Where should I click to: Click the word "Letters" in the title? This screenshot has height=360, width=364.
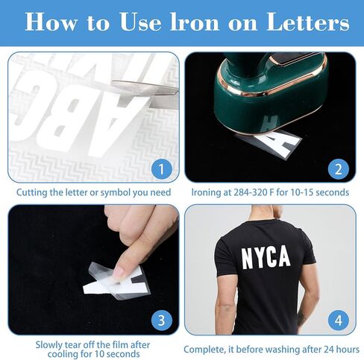307,22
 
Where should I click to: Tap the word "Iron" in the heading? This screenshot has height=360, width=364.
195,22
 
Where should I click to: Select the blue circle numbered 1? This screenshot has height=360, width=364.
162,169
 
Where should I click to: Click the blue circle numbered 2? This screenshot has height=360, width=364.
339,169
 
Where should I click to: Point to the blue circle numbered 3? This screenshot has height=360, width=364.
162,320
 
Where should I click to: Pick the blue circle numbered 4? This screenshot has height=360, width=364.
339,320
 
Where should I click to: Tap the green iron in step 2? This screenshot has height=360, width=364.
271,91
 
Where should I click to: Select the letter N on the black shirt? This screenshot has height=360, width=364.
248,259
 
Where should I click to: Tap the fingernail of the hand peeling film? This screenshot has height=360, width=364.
119,273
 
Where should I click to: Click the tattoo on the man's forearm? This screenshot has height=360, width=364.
301,319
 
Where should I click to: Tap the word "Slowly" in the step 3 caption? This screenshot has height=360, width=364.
48,345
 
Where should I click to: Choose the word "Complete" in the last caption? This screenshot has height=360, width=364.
204,350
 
